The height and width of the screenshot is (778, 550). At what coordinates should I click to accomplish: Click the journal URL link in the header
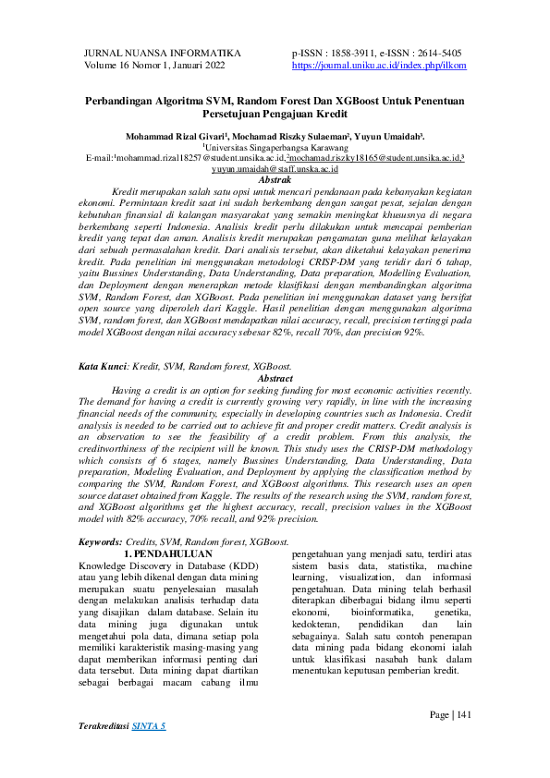coord(379,67)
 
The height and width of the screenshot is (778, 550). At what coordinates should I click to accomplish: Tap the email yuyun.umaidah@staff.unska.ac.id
coord(275,169)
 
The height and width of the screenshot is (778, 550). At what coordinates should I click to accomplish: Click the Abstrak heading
coord(275,180)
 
